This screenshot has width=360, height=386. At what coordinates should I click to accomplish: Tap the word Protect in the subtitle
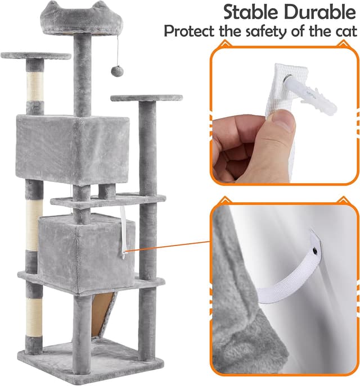[x=190, y=31]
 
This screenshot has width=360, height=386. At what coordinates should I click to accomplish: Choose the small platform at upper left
[x=35, y=56]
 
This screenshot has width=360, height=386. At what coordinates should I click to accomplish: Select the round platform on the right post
[x=146, y=98]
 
